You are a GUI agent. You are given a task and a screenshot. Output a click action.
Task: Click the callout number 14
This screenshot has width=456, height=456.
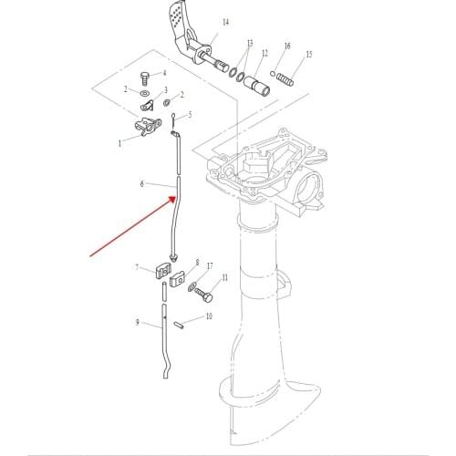pyautogui.click(x=225, y=21)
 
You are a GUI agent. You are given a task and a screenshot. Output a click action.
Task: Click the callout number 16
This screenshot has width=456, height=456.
pyautogui.click(x=287, y=46)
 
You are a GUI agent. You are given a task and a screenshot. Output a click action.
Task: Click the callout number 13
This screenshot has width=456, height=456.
pyautogui.click(x=249, y=44)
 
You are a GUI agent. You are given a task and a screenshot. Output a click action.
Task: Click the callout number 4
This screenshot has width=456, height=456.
pyautogui.click(x=164, y=73)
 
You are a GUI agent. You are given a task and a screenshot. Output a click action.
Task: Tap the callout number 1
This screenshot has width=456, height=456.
pyautogui.click(x=119, y=143)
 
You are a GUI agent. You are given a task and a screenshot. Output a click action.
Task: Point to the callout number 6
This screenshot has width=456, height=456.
pyautogui.click(x=142, y=183)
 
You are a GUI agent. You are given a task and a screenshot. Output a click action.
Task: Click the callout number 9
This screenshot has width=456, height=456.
pyautogui.click(x=137, y=322)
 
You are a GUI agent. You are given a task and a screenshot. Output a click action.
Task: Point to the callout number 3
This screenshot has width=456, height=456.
pyautogui.click(x=165, y=90)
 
